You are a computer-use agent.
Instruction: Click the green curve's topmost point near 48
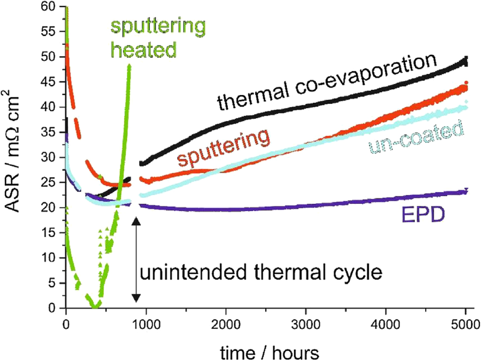(x=129, y=66)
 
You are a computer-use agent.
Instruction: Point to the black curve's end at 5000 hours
(x=466, y=60)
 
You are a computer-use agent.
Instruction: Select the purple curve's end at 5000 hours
(x=466, y=191)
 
